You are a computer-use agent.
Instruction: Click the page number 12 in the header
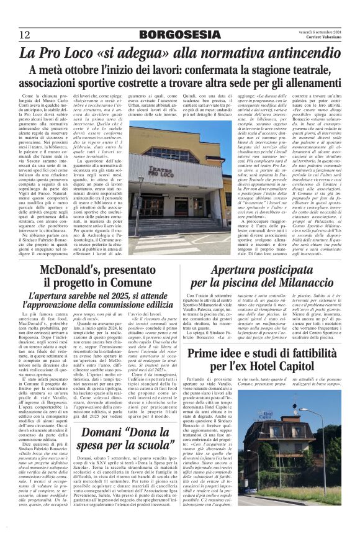pos(24,34)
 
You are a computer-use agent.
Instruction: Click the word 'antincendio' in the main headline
pos(304,53)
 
